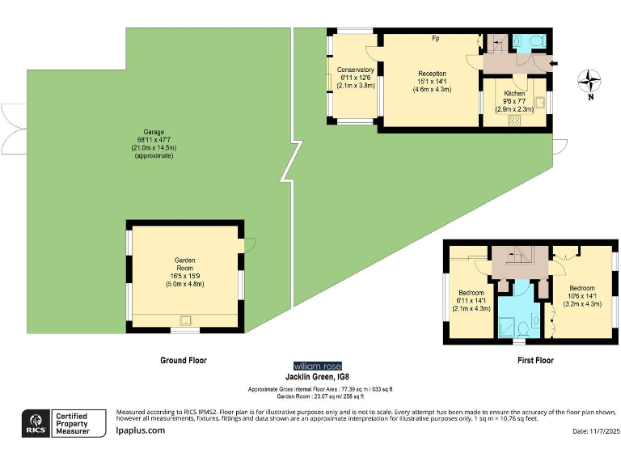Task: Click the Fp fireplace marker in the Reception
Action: tap(435, 38)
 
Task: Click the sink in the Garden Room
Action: tap(185, 320)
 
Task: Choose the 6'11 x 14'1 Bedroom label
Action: tap(471, 300)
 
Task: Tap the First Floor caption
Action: tap(535, 360)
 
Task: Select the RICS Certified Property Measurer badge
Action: tap(64, 423)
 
